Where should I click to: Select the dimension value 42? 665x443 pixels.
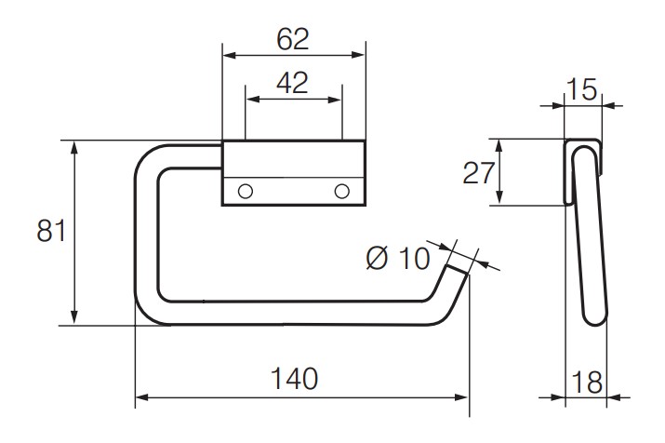click(x=293, y=84)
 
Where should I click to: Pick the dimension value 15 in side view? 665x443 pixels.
click(x=583, y=90)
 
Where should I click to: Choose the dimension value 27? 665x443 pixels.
click(x=480, y=173)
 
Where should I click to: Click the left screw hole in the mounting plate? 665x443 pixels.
click(x=246, y=191)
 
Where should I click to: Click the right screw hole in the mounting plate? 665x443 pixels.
click(x=342, y=191)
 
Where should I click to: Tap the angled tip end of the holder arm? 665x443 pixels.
click(x=457, y=272)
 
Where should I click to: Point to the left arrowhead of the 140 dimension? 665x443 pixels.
click(x=140, y=398)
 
